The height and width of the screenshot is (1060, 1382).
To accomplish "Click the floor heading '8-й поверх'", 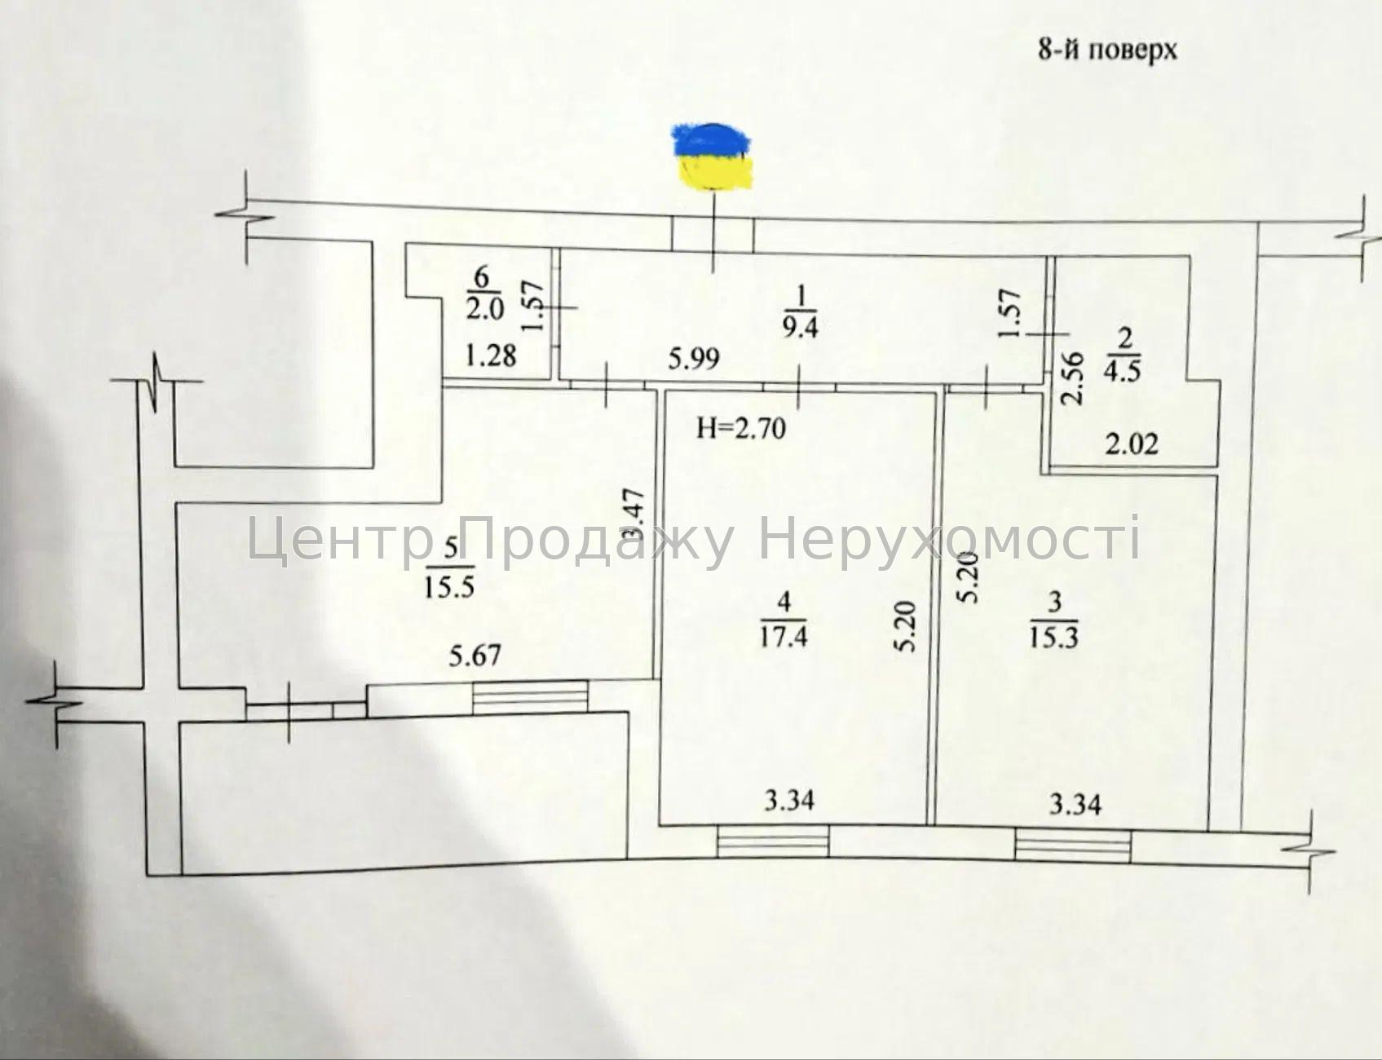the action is pyautogui.click(x=1107, y=50).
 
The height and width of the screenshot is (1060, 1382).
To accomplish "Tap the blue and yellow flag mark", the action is pyautogui.click(x=712, y=157).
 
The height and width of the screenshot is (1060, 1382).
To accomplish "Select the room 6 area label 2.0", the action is pyautogui.click(x=485, y=309).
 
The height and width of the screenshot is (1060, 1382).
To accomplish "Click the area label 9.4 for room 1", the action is pyautogui.click(x=800, y=327).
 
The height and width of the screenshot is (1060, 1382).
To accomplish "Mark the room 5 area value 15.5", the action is pyautogui.click(x=448, y=585).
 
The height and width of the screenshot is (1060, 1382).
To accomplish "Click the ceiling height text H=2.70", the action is pyautogui.click(x=741, y=427).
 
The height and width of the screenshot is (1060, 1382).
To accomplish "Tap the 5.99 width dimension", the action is pyautogui.click(x=694, y=358).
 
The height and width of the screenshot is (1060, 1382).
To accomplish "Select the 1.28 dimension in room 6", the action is pyautogui.click(x=491, y=356).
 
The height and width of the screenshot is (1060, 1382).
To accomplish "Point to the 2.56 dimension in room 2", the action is pyautogui.click(x=1074, y=378).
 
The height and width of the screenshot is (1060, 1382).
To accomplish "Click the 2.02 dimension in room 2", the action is pyautogui.click(x=1132, y=444).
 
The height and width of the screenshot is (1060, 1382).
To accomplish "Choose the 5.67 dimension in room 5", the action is pyautogui.click(x=475, y=655).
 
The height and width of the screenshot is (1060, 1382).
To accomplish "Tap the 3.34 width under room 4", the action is pyautogui.click(x=789, y=801).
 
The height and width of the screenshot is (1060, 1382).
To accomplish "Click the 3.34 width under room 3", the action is pyautogui.click(x=1075, y=806).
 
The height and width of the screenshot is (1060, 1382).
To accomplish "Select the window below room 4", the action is pyautogui.click(x=773, y=841).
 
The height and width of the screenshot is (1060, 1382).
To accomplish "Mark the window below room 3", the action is pyautogui.click(x=1073, y=846).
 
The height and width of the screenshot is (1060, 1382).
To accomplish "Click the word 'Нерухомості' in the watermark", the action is pyautogui.click(x=949, y=540).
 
